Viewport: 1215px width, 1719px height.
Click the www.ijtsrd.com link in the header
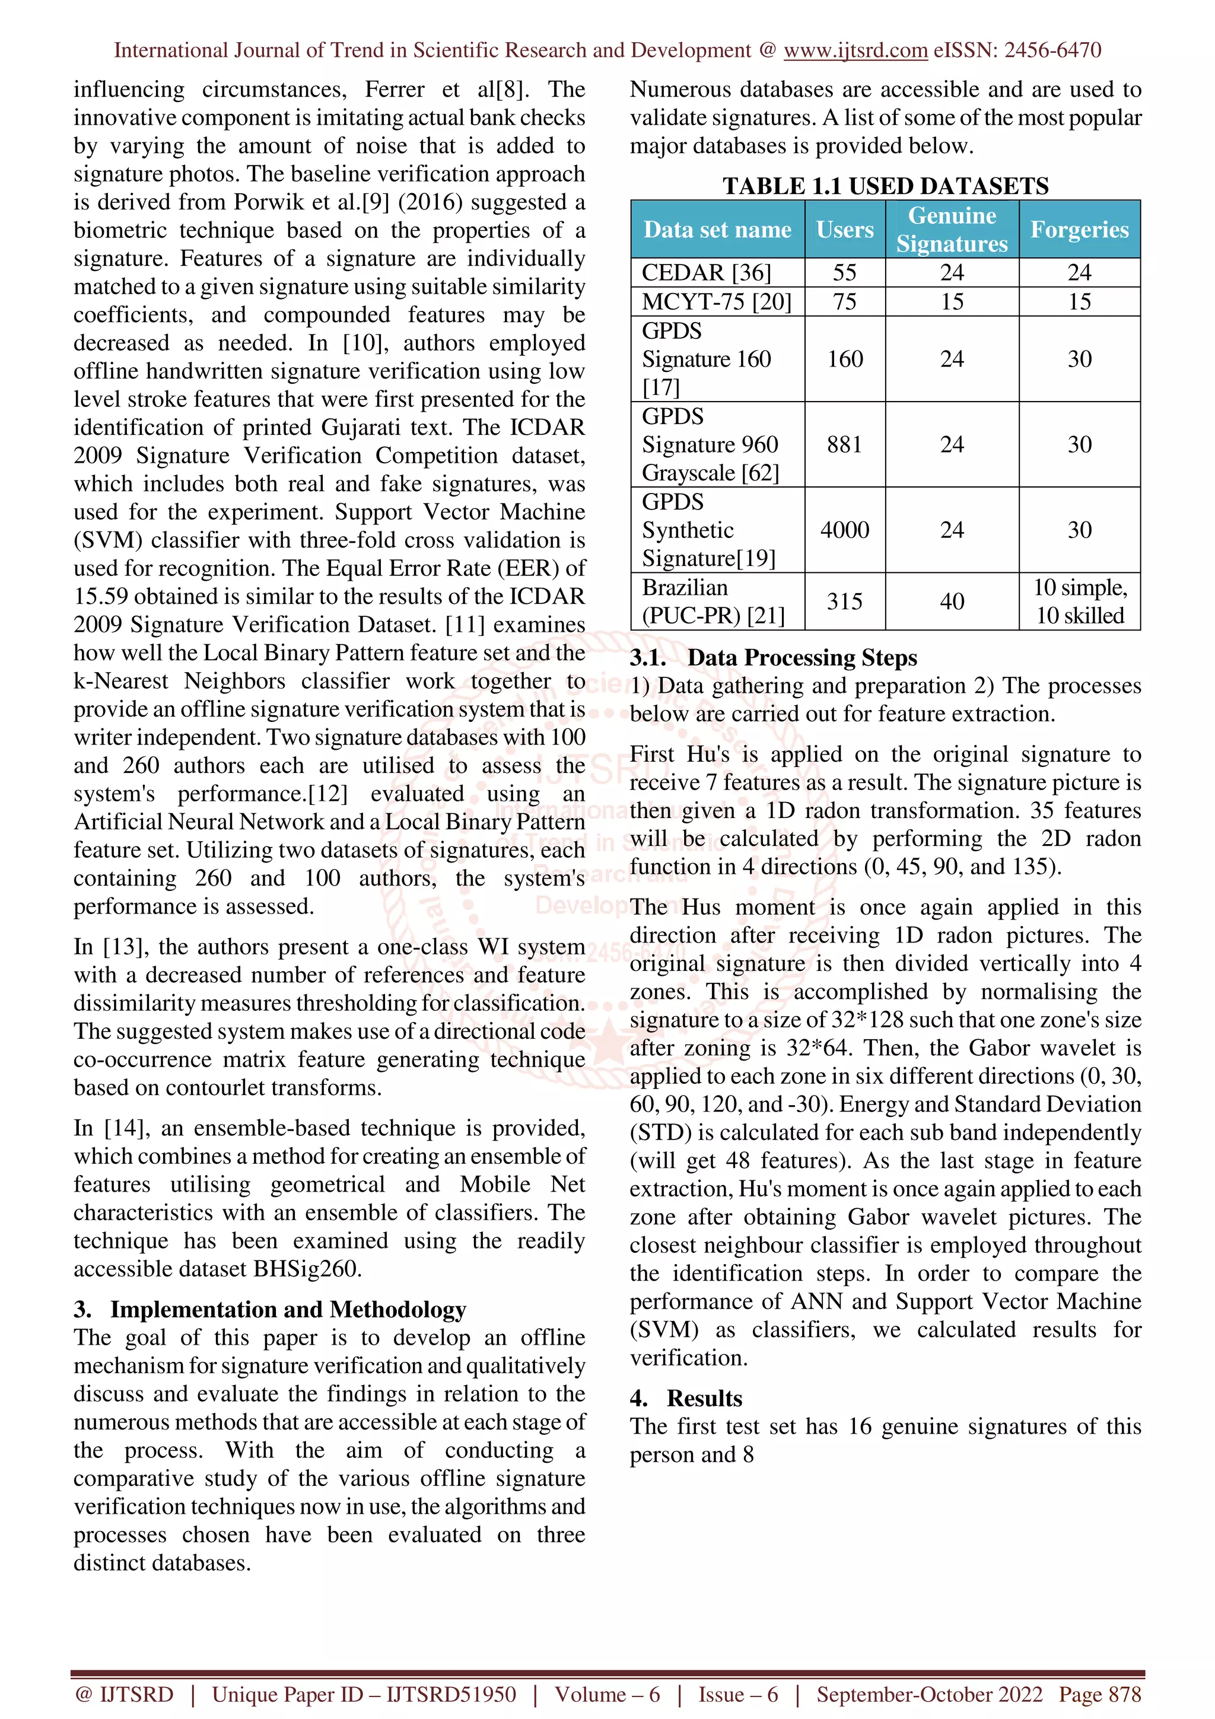point(855,50)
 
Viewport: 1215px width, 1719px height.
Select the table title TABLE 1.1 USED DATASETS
point(885,186)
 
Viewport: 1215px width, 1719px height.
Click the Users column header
point(844,229)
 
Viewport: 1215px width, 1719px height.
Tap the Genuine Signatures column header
point(952,229)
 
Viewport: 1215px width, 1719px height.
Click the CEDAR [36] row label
point(706,272)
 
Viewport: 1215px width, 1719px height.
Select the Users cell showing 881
point(844,444)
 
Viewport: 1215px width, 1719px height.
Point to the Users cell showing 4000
point(844,529)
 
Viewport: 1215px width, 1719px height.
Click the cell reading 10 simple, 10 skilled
point(1080,601)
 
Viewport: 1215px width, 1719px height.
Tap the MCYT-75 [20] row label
point(715,302)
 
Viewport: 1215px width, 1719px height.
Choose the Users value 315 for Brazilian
point(844,601)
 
